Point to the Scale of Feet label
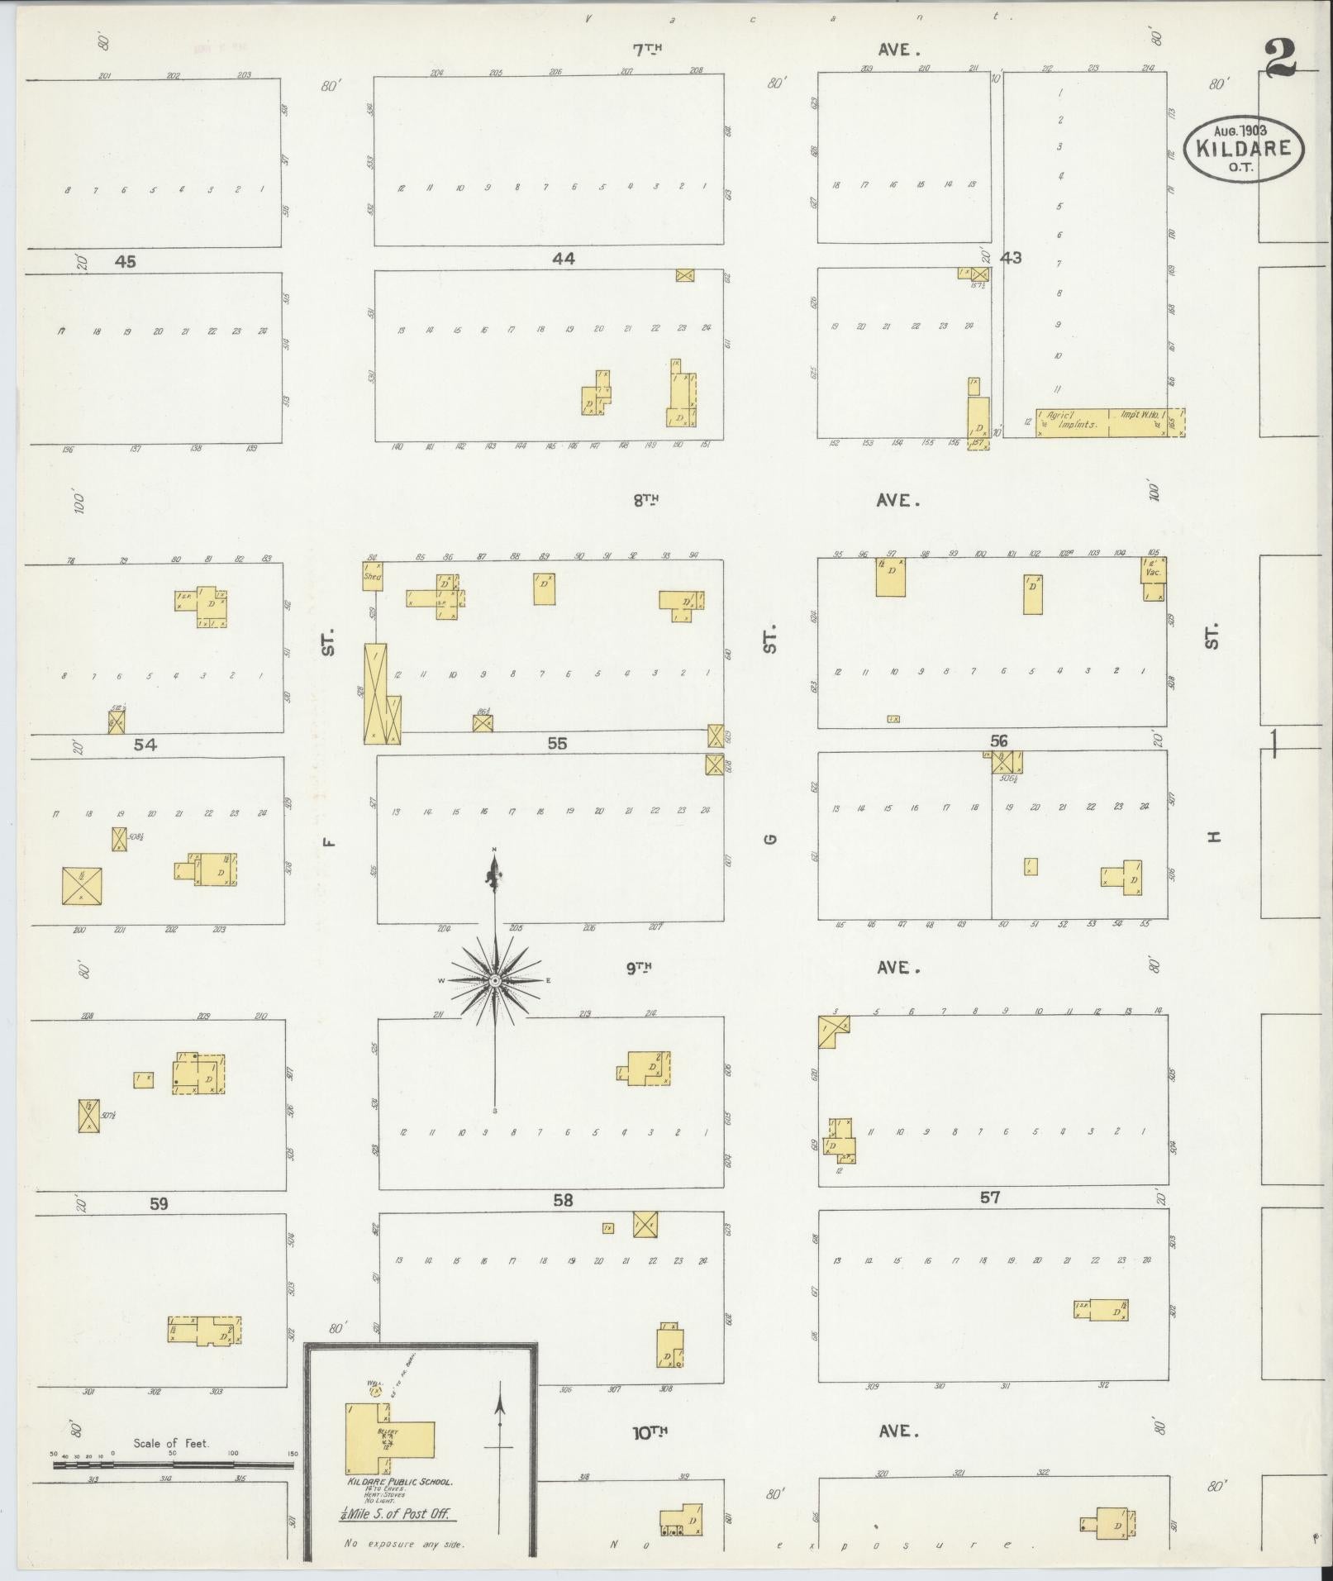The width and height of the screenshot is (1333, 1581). (x=171, y=1443)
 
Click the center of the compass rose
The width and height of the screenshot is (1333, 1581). (x=494, y=980)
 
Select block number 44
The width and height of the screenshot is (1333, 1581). (x=563, y=259)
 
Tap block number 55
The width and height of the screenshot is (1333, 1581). (x=557, y=743)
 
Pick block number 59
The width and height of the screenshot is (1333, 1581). (x=159, y=1204)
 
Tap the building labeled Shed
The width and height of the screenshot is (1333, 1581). (x=372, y=577)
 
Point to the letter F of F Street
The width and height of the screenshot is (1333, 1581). (x=329, y=842)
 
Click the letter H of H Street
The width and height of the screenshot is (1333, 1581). (x=1213, y=836)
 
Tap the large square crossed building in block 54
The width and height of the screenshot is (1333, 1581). (x=82, y=885)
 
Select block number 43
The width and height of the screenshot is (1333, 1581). (x=1010, y=258)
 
